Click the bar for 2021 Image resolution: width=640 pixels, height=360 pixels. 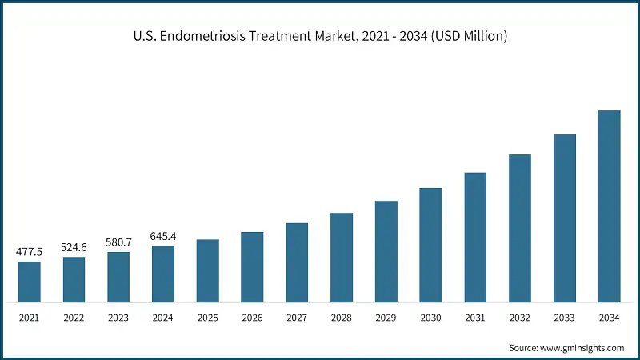[29, 282]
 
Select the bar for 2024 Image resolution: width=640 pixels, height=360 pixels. [163, 274]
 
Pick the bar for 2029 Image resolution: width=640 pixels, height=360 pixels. [386, 251]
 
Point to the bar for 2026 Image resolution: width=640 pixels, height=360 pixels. [252, 267]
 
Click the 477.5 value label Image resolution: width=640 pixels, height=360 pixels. [29, 252]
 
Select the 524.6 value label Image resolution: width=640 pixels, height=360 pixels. [74, 247]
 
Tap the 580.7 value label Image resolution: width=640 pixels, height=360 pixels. [118, 242]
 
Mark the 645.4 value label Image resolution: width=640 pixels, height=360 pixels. [163, 237]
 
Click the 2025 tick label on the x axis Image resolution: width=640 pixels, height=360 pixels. [208, 318]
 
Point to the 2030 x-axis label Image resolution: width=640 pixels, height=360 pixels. [430, 318]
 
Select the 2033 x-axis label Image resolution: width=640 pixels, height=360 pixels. [565, 318]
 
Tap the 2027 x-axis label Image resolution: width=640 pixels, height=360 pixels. [297, 318]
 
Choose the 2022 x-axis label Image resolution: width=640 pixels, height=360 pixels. [74, 318]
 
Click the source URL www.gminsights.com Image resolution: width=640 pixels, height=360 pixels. [582, 348]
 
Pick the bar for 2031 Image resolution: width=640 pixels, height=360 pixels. [475, 238]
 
